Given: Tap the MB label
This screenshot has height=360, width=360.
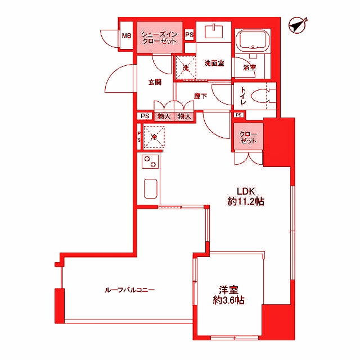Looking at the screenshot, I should tap(126, 37).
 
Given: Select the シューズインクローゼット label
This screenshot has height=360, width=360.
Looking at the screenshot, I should tap(159, 38).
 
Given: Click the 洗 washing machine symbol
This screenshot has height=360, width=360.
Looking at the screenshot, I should tap(184, 67).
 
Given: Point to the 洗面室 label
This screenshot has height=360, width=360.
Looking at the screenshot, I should tap(214, 63).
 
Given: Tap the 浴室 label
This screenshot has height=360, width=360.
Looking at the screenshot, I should tap(249, 67).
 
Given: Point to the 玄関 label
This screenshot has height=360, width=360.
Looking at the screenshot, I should tap(155, 82).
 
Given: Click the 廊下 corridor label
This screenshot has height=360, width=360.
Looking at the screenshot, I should tap(201, 96).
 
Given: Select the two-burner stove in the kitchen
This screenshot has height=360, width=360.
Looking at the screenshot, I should tap(150, 163).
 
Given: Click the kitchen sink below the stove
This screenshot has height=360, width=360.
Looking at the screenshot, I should tap(150, 188).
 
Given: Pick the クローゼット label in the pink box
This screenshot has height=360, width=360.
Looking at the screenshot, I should tap(248, 137).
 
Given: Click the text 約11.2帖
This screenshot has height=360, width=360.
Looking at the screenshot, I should tap(246, 201).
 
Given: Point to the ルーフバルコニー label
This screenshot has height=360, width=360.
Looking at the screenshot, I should tap(130, 290).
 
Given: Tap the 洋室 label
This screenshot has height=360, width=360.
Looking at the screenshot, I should tap(228, 290).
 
